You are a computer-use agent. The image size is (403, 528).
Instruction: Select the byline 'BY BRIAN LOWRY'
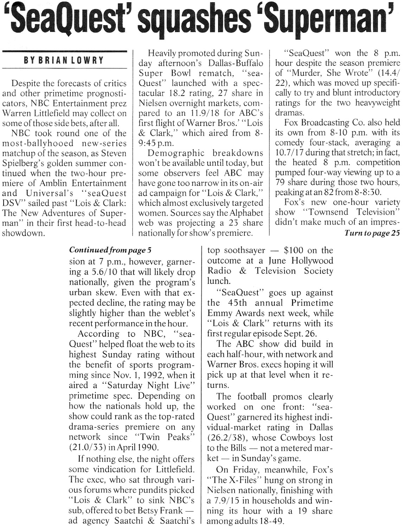pos(64,60)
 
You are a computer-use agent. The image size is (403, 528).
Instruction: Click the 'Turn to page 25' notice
pos(372,233)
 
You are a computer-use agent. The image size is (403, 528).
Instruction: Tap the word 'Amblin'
pos(52,183)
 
